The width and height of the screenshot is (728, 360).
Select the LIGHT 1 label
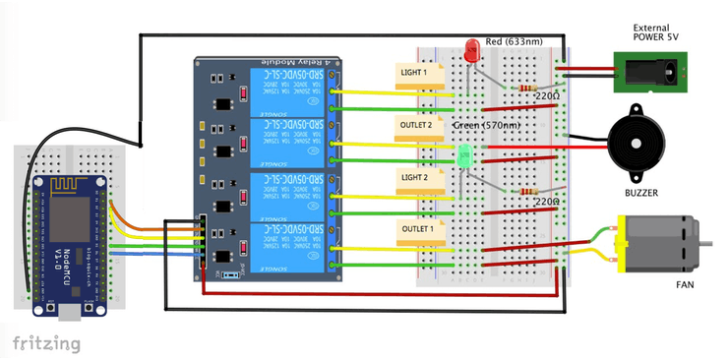click(x=414, y=72)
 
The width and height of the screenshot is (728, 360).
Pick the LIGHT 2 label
click(x=414, y=177)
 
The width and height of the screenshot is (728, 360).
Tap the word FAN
click(x=685, y=284)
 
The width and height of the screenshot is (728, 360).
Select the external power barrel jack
click(x=648, y=71)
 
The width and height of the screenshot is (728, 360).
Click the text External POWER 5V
click(x=655, y=32)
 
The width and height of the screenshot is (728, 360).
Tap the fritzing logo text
click(x=46, y=343)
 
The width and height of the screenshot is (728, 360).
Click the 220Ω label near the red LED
click(x=548, y=96)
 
